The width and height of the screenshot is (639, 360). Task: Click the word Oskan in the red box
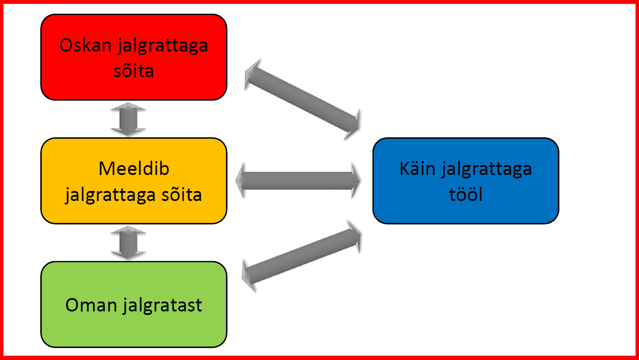pyautogui.click(x=85, y=45)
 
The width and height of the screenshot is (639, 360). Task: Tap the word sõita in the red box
pyautogui.click(x=134, y=71)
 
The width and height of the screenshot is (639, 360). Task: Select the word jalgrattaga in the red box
pyautogui.click(x=163, y=46)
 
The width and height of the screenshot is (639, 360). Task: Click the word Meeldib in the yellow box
pyautogui.click(x=134, y=169)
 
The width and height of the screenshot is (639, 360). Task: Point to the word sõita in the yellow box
pyautogui.click(x=182, y=195)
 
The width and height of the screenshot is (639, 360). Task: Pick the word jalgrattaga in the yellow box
pyautogui.click(x=110, y=195)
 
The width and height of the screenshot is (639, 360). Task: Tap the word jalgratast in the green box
pyautogui.click(x=162, y=306)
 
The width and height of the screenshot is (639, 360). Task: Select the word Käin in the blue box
pyautogui.click(x=417, y=169)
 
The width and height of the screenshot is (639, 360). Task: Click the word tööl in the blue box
pyautogui.click(x=466, y=195)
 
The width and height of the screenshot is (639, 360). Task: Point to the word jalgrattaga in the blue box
pyautogui.click(x=487, y=169)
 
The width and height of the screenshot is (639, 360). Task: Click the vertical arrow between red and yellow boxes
pyautogui.click(x=128, y=119)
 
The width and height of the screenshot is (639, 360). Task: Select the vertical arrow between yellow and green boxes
pyautogui.click(x=128, y=243)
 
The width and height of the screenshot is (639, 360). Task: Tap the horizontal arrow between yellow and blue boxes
pyautogui.click(x=298, y=181)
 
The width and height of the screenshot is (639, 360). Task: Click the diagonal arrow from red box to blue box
pyautogui.click(x=302, y=100)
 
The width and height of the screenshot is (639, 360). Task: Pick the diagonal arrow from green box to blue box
pyautogui.click(x=301, y=256)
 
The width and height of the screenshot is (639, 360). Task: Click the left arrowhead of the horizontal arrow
pyautogui.click(x=240, y=181)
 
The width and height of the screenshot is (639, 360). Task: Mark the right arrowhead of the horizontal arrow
pyautogui.click(x=356, y=181)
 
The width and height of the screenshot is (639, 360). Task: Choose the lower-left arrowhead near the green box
pyautogui.click(x=249, y=276)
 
